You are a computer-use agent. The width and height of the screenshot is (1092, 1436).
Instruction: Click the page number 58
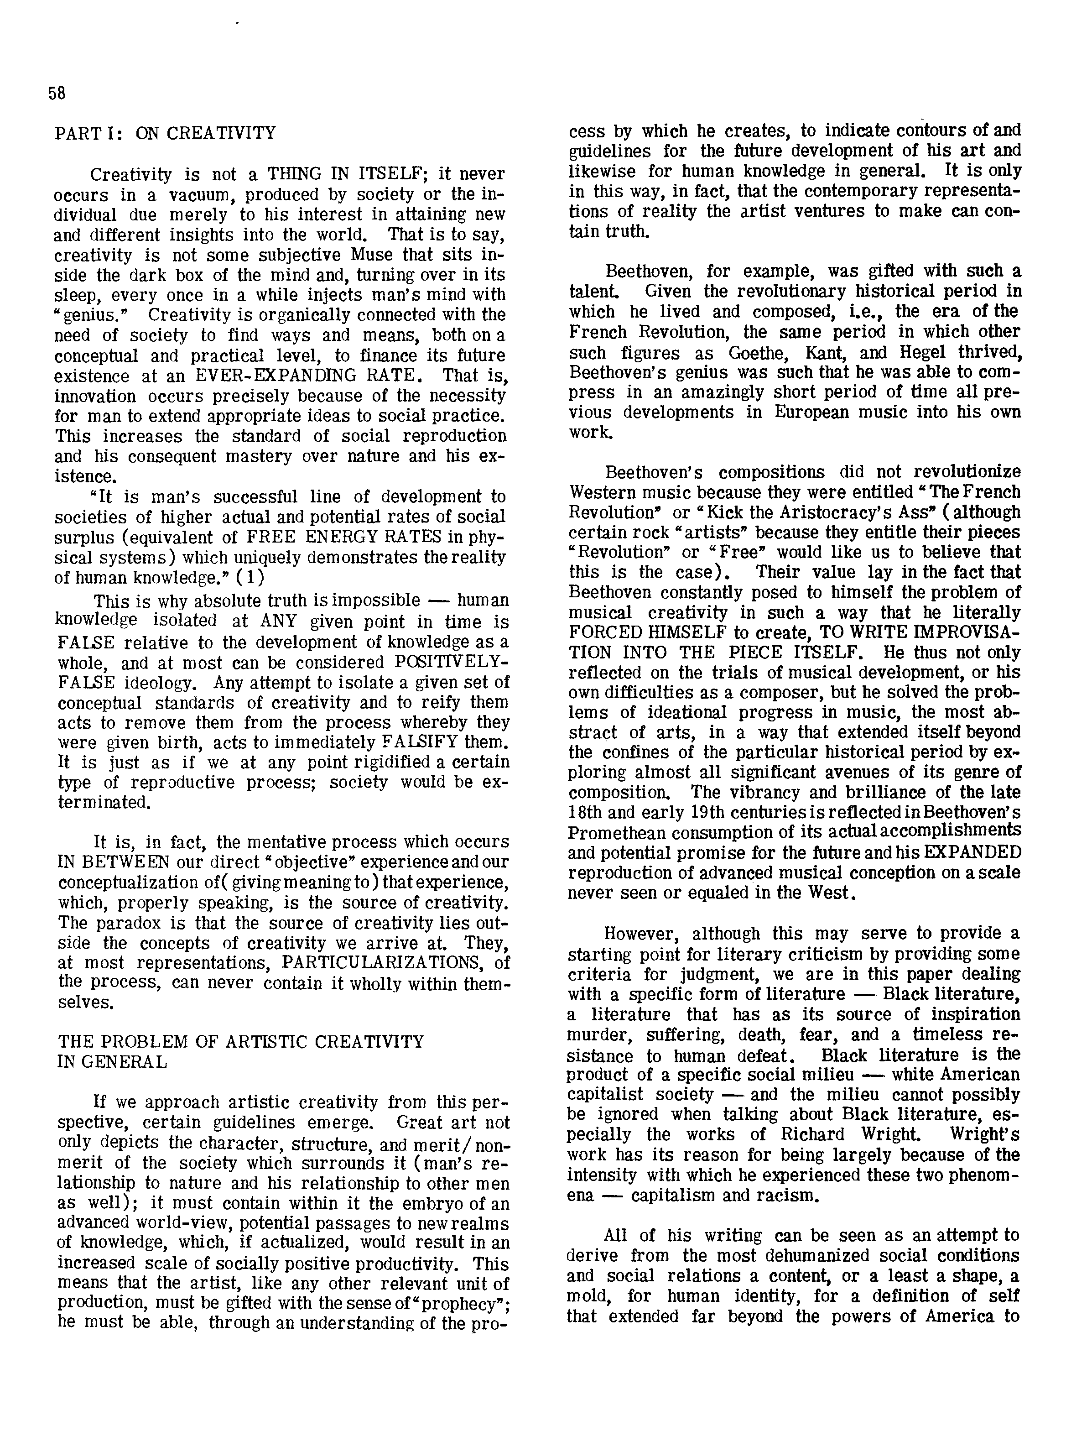click(57, 94)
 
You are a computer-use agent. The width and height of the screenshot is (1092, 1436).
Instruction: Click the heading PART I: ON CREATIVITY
click(165, 133)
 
